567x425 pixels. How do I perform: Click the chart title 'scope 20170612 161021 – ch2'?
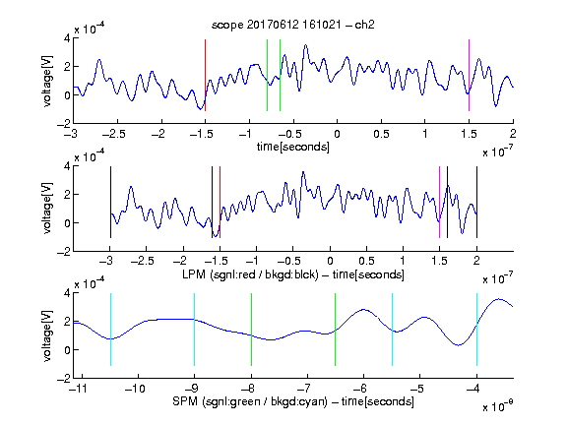point(293,25)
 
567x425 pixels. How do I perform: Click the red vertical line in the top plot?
point(206,75)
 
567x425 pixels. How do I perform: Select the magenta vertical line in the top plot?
point(469,75)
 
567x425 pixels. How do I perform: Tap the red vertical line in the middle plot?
point(220,202)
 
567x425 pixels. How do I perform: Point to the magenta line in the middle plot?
point(440,202)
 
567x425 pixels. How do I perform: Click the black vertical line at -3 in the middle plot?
point(110,202)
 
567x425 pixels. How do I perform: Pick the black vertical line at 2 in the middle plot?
point(477,202)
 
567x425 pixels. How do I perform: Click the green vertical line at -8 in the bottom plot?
point(252,330)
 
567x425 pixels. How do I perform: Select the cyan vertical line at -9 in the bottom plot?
point(195,330)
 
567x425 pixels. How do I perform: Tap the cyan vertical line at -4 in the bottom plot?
point(477,330)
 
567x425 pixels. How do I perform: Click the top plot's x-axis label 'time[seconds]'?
point(293,148)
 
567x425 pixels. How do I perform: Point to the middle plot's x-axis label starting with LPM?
point(293,274)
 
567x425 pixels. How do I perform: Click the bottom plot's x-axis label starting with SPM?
point(293,401)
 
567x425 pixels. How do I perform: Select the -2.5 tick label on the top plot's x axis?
point(114,134)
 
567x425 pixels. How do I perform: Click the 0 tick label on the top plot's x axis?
point(337,134)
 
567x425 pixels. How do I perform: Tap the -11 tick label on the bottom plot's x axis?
point(77,389)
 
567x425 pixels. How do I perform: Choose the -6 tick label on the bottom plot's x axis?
point(362,389)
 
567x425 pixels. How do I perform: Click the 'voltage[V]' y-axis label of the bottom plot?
point(47,335)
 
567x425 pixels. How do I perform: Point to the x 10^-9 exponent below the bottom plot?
point(498,406)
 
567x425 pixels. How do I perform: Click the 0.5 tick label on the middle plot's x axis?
point(366,261)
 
